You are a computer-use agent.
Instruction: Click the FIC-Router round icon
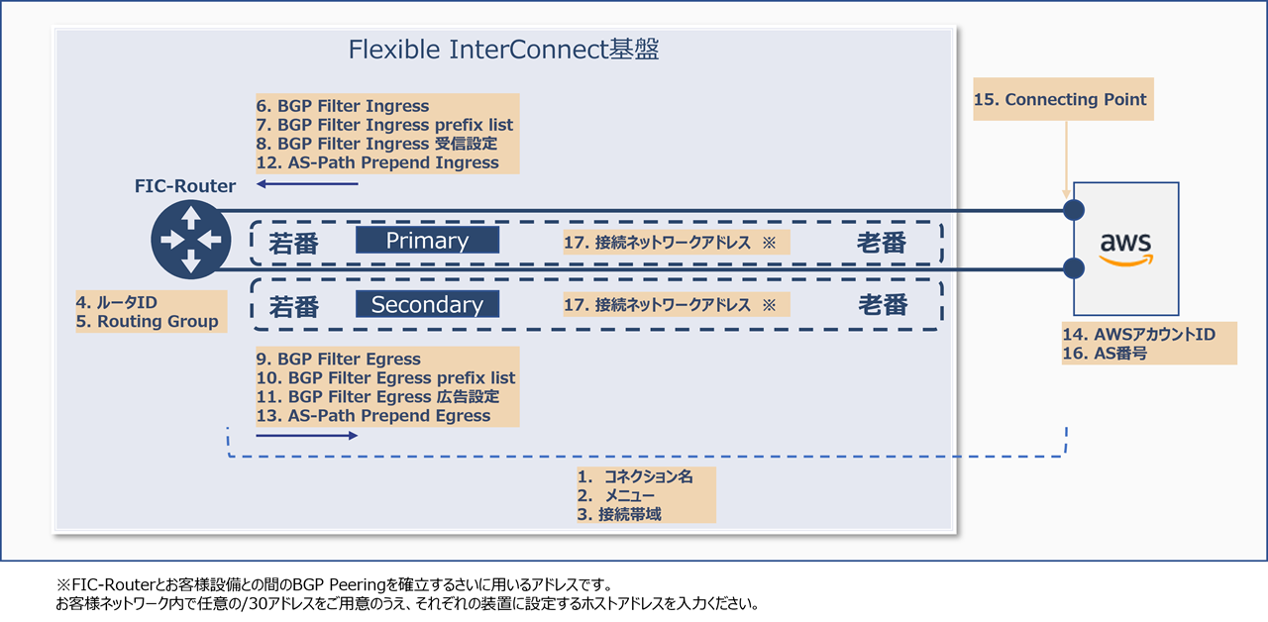pyautogui.click(x=190, y=239)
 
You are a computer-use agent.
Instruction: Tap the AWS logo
pyautogui.click(x=1125, y=249)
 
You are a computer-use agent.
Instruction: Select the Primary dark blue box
pyautogui.click(x=427, y=241)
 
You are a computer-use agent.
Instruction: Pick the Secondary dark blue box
pyautogui.click(x=427, y=304)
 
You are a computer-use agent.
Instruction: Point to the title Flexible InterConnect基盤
pyautogui.click(x=503, y=50)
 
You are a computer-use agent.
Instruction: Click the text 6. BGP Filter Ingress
pyautogui.click(x=343, y=106)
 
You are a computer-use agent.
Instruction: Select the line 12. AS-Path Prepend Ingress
pyautogui.click(x=377, y=162)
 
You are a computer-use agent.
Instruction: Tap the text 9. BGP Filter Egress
pyautogui.click(x=339, y=360)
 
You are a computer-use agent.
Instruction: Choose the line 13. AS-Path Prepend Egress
pyautogui.click(x=373, y=416)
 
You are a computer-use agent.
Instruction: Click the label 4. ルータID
pyautogui.click(x=117, y=302)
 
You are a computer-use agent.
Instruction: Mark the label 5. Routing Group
pyautogui.click(x=148, y=322)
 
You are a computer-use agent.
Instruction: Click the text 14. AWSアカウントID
pyautogui.click(x=1139, y=335)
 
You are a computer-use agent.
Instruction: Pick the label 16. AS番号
pyautogui.click(x=1105, y=354)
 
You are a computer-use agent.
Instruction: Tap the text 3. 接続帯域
pyautogui.click(x=620, y=514)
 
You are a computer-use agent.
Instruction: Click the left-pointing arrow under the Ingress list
pyautogui.click(x=306, y=183)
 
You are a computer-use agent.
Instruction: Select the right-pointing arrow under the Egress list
pyautogui.click(x=307, y=435)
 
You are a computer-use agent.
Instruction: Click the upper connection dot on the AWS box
pyautogui.click(x=1073, y=210)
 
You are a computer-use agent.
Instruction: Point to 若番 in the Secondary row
pyautogui.click(x=294, y=307)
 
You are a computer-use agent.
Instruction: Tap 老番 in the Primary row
pyautogui.click(x=882, y=243)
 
